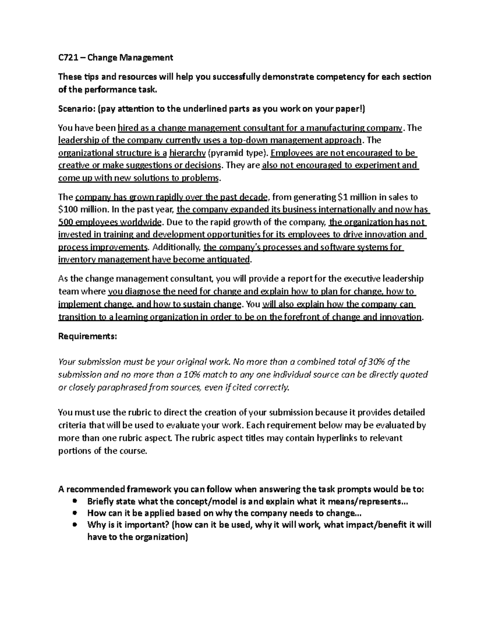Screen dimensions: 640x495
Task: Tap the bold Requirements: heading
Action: pyautogui.click(x=87, y=336)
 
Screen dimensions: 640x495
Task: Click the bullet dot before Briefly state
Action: pyautogui.click(x=75, y=502)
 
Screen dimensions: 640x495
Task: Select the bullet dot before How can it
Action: pyautogui.click(x=75, y=513)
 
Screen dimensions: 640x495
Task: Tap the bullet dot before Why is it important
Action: pyautogui.click(x=75, y=525)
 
